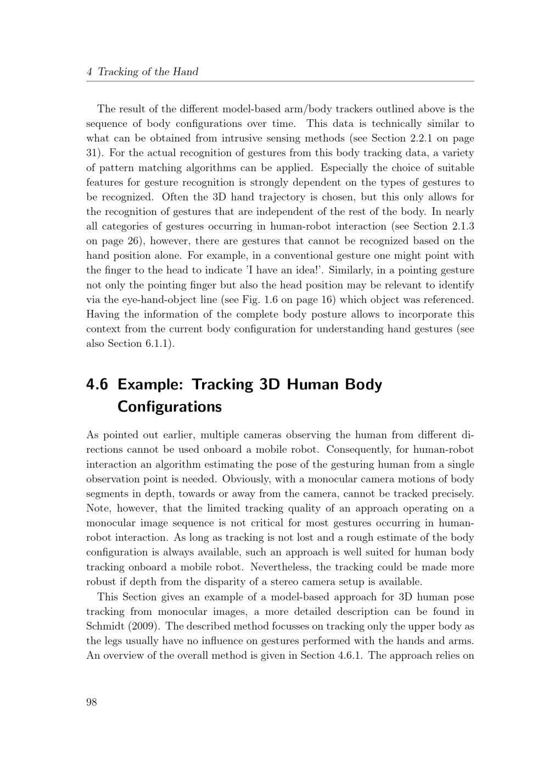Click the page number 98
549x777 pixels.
[92, 702]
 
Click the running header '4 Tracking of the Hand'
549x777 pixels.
[142, 72]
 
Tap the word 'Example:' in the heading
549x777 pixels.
[150, 384]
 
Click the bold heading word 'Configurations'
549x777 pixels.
[170, 407]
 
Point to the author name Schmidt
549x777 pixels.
[107, 626]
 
